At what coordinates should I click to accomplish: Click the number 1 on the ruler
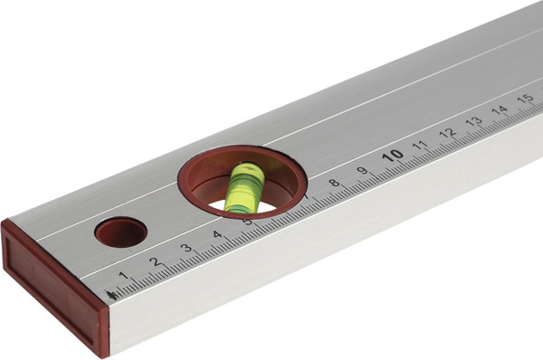point(123,276)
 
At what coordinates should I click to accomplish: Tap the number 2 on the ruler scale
point(156,261)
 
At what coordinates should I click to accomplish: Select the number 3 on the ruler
point(186,248)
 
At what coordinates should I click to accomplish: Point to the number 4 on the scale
point(217,234)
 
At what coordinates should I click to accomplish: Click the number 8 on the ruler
point(334,183)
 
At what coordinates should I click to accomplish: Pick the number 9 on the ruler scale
point(362,170)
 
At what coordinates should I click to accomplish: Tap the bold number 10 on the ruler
point(393,156)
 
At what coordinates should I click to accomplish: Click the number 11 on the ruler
point(420,145)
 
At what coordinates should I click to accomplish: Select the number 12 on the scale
point(447,133)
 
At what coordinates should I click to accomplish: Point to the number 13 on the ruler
point(473,121)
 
